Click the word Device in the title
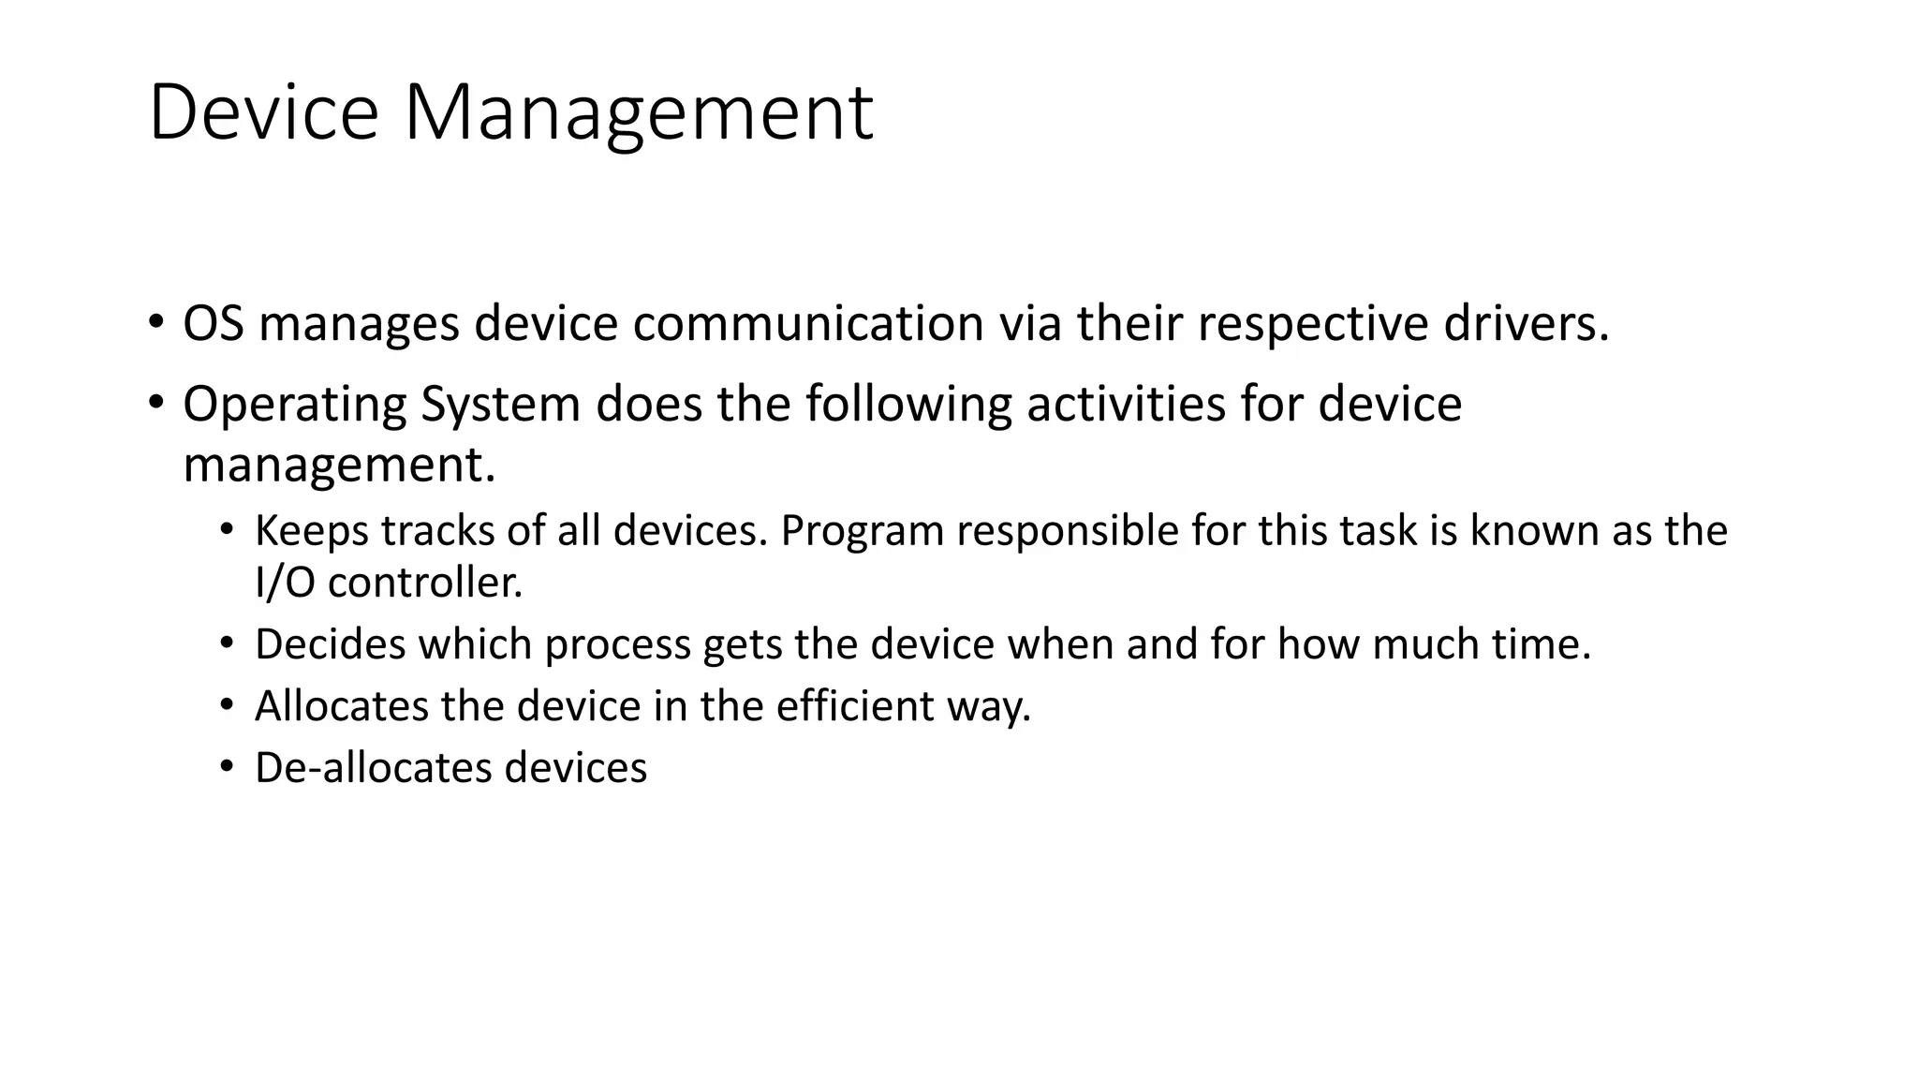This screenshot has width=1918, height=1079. tap(263, 112)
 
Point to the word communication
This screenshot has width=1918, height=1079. tap(808, 324)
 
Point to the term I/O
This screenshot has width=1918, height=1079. tap(285, 584)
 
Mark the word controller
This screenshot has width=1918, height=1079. tap(424, 584)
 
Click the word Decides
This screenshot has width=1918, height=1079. tap(330, 644)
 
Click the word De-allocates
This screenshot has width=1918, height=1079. tap(373, 768)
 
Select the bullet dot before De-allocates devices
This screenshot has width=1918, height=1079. tap(226, 767)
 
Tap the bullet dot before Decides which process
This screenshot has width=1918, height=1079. tap(226, 643)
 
